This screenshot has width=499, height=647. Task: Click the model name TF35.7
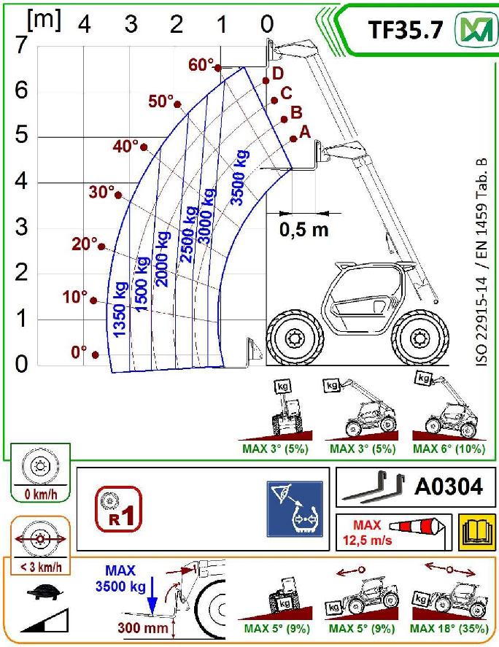405,29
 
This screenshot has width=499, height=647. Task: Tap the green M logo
476,29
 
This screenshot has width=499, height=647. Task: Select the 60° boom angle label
201,65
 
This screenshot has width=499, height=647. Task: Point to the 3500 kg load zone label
240,177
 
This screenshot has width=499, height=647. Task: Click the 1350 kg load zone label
120,309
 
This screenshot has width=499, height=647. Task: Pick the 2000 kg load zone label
162,259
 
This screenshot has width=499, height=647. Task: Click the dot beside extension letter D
266,80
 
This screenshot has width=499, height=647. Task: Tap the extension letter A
305,131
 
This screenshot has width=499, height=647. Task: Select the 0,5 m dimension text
304,230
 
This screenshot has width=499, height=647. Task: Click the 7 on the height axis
20,44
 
